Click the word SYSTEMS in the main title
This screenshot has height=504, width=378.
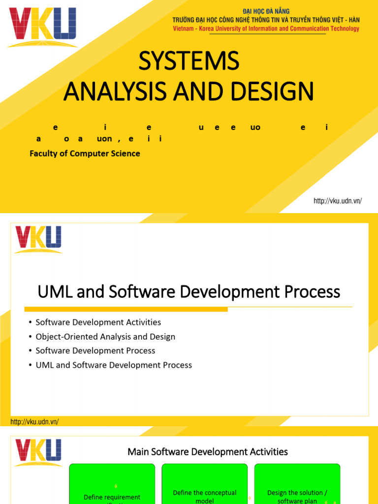point(189,62)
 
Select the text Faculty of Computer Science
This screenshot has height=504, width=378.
point(85,154)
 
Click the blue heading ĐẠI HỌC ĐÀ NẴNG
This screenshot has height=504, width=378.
point(266,11)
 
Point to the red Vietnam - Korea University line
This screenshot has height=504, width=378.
point(266,29)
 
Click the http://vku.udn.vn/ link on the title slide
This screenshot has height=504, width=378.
point(338,201)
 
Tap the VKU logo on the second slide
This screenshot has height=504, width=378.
point(38,238)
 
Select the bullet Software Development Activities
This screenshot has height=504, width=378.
point(98,322)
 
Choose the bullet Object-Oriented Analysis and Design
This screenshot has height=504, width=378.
point(105,337)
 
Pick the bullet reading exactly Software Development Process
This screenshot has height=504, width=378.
point(95,351)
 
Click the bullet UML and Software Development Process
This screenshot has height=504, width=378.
point(114,365)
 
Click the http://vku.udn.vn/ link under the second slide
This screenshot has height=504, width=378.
point(34,422)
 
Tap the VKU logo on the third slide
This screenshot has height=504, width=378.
point(38,452)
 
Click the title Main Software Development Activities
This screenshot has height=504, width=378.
point(208,451)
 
